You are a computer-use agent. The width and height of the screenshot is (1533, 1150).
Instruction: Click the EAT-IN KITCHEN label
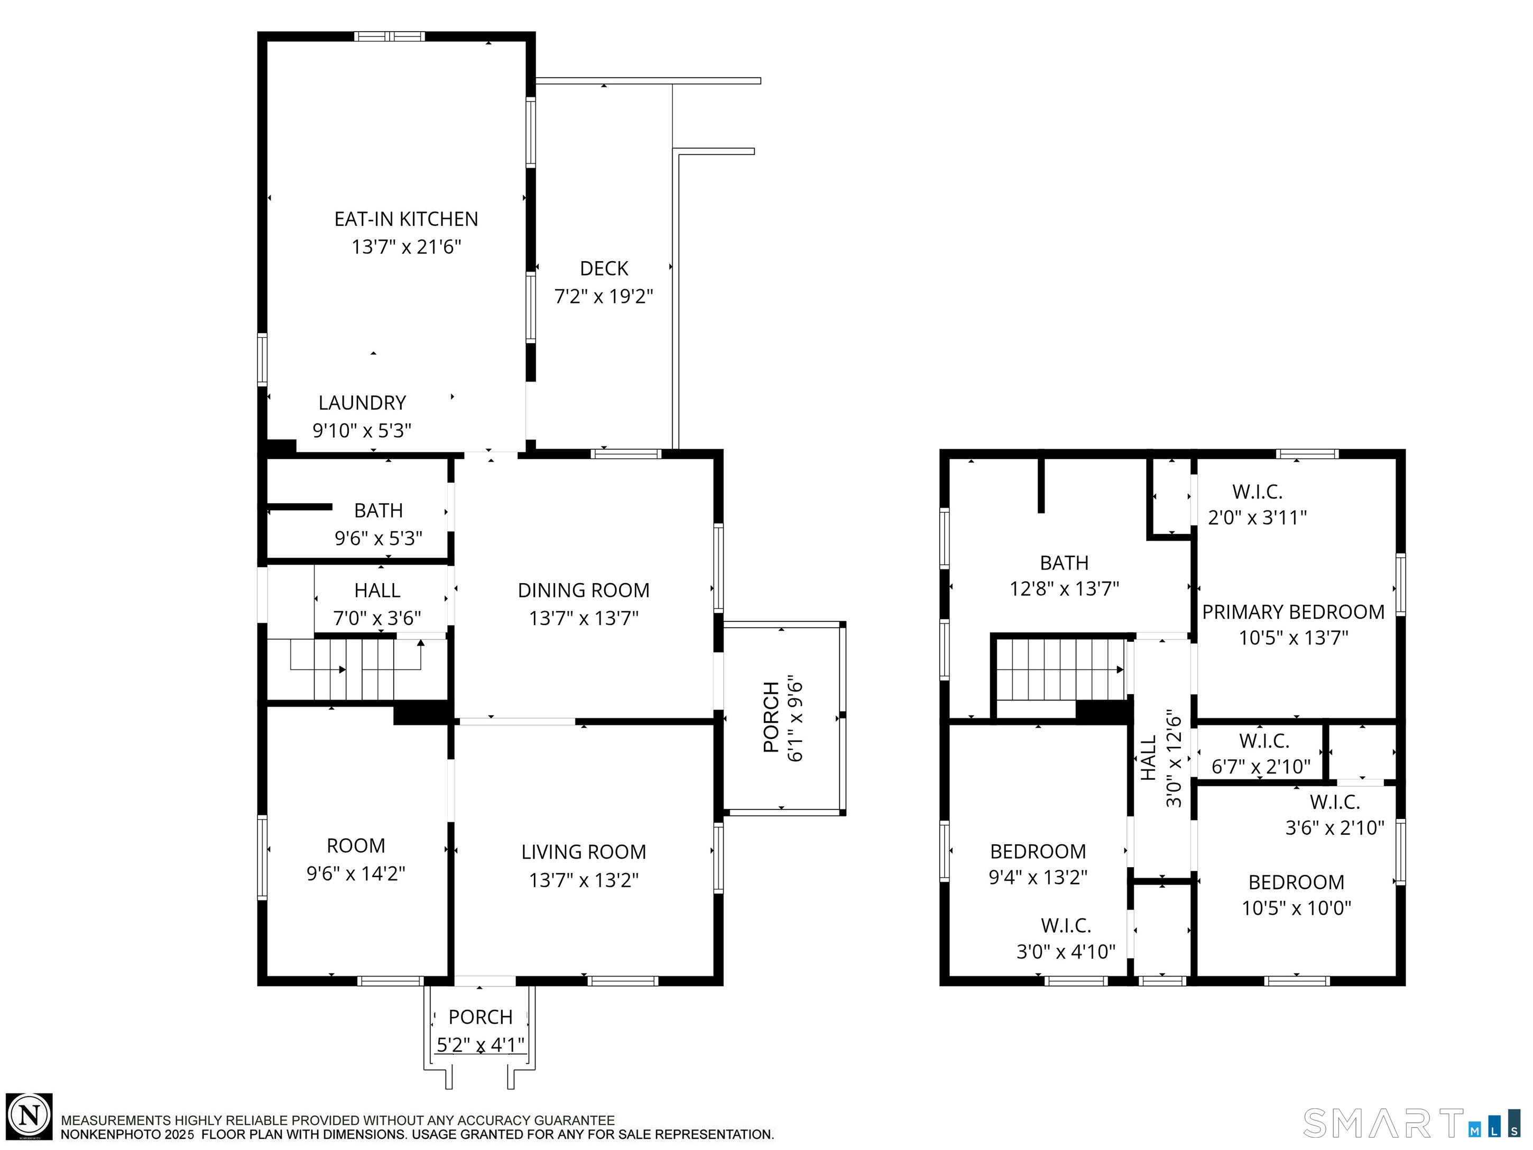click(406, 219)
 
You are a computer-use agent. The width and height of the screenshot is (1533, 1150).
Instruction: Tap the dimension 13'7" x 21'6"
click(406, 247)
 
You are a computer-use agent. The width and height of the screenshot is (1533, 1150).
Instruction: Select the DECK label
click(604, 268)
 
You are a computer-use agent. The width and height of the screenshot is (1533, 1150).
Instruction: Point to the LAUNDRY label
click(362, 403)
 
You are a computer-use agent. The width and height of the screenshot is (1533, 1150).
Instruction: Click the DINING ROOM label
click(584, 590)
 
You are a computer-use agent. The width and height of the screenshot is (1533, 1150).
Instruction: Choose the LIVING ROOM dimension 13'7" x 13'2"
click(584, 880)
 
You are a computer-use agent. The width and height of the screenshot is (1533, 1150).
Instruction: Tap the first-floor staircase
click(355, 669)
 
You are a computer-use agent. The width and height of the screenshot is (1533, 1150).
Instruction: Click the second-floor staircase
click(1060, 669)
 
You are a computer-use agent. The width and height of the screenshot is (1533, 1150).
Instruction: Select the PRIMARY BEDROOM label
click(1293, 612)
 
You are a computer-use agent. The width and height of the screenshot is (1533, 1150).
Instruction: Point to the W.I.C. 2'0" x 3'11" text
click(1257, 504)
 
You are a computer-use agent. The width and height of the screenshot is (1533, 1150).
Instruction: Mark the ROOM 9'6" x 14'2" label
click(356, 860)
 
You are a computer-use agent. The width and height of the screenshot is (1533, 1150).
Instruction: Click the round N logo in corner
click(29, 1116)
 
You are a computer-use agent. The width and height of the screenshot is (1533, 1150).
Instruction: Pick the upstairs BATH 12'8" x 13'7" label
click(1064, 575)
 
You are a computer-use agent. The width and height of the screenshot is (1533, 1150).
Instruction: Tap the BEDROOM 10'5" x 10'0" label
click(1296, 895)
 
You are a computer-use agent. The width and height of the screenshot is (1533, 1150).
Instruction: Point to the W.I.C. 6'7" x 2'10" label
click(1261, 753)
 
